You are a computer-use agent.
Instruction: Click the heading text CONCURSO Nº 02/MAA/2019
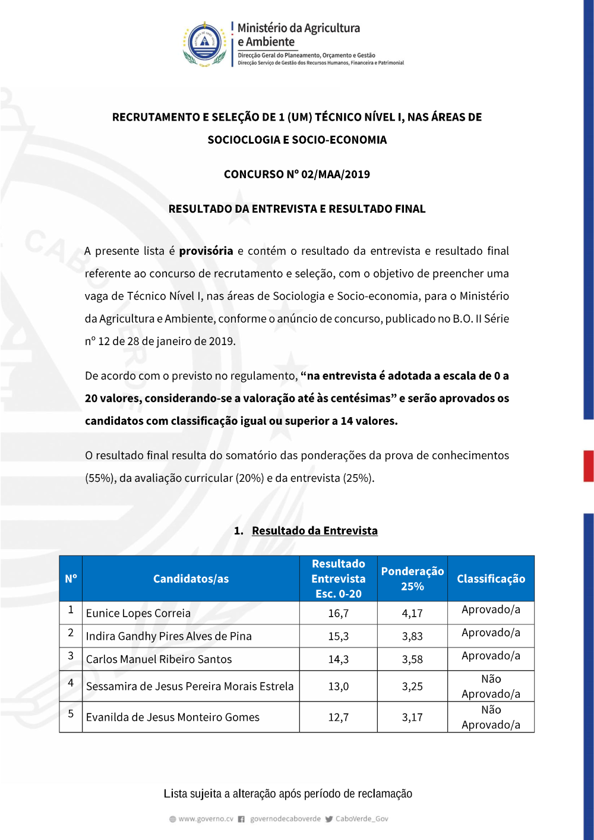(296, 174)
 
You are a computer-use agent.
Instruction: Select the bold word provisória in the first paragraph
(206, 251)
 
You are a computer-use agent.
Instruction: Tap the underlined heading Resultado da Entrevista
(314, 530)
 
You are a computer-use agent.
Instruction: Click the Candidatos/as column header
(191, 579)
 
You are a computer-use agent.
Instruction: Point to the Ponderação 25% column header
(412, 579)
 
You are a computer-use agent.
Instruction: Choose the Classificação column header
(491, 579)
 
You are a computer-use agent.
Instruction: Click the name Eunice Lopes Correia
(138, 613)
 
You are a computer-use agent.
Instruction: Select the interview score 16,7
(339, 613)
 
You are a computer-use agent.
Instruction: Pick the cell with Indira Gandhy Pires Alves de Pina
(169, 636)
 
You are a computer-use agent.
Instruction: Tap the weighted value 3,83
(412, 636)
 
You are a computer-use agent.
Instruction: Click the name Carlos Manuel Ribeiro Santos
(159, 659)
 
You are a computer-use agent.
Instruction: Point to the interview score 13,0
(339, 686)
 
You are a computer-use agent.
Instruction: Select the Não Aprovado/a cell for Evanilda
(491, 717)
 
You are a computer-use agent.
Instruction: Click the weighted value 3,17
(412, 717)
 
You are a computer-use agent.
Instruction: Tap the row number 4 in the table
(71, 683)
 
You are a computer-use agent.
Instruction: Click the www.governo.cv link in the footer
(206, 819)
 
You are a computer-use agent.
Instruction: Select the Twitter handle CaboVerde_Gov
(361, 819)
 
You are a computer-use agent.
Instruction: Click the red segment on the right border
(588, 466)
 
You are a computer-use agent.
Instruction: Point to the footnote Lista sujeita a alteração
(287, 794)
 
